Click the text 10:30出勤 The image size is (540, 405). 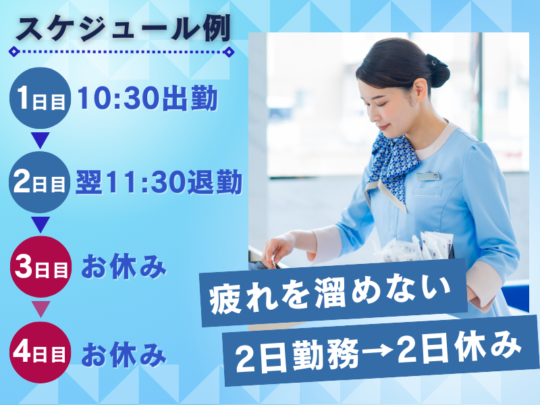[146, 100]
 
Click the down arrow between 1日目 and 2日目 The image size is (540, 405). [40, 141]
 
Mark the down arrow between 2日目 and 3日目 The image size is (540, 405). [40, 224]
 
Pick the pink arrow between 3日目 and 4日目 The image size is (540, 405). [40, 309]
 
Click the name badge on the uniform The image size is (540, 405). [427, 176]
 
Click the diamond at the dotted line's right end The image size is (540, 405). [229, 51]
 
